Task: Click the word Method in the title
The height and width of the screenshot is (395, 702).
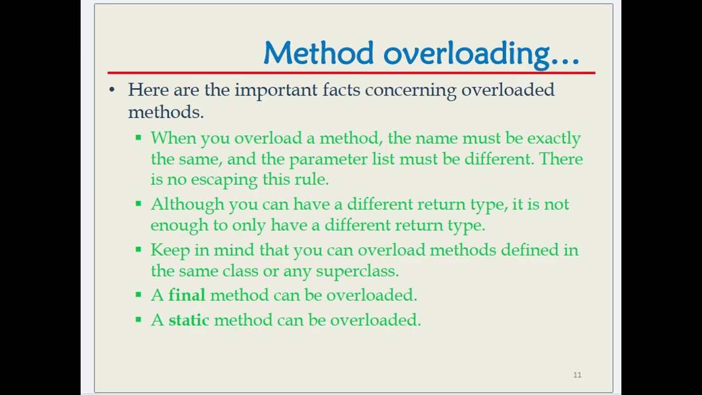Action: point(319,53)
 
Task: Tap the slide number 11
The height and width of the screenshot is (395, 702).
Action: point(577,375)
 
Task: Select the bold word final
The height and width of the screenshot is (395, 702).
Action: point(186,295)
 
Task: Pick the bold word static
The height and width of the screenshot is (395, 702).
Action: point(188,320)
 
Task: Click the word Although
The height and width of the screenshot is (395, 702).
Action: point(187,204)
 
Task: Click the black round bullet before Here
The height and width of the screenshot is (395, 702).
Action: point(112,90)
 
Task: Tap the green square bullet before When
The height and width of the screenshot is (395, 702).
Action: point(138,138)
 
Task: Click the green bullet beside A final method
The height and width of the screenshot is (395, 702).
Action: point(138,295)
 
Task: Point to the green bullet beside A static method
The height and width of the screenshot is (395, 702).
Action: point(138,320)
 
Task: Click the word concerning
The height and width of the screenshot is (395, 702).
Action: point(410,90)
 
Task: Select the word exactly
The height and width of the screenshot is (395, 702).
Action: point(553,138)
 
